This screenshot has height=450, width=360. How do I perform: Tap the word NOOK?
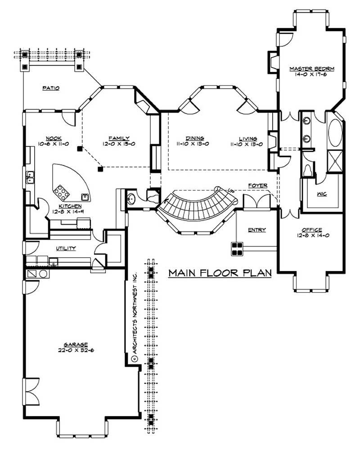[x=54, y=138]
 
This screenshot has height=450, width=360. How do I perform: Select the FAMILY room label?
[x=119, y=138]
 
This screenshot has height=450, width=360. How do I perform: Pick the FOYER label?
[x=258, y=185]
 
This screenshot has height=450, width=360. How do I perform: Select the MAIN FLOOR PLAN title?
[x=220, y=273]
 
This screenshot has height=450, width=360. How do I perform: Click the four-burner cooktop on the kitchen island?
[x=61, y=193]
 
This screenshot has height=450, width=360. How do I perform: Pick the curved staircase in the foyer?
[x=196, y=209]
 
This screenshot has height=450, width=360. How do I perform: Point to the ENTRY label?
[x=257, y=230]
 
